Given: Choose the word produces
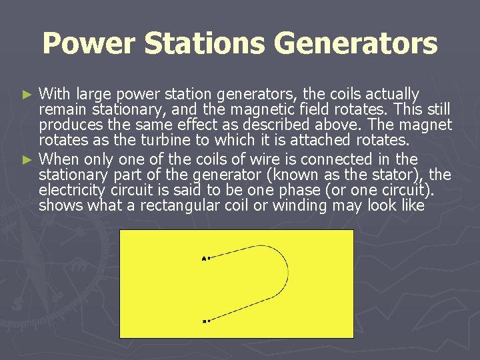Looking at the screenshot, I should (x=69, y=125).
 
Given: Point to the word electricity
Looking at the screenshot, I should (x=73, y=191).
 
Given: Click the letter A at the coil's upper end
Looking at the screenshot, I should (x=203, y=258).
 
